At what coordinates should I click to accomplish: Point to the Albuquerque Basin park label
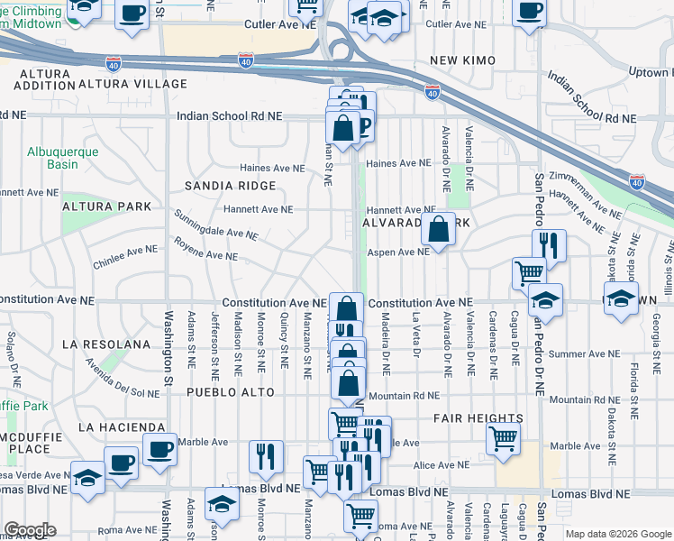click(62, 159)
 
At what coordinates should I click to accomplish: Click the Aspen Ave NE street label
click(397, 252)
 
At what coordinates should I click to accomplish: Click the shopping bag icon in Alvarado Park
click(438, 230)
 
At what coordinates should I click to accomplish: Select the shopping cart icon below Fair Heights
click(504, 439)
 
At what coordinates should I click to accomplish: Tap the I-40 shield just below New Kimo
click(433, 91)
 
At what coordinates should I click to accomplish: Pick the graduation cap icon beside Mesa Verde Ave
click(87, 478)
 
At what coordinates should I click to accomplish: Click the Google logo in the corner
click(30, 530)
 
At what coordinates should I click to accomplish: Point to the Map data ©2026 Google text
click(616, 534)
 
